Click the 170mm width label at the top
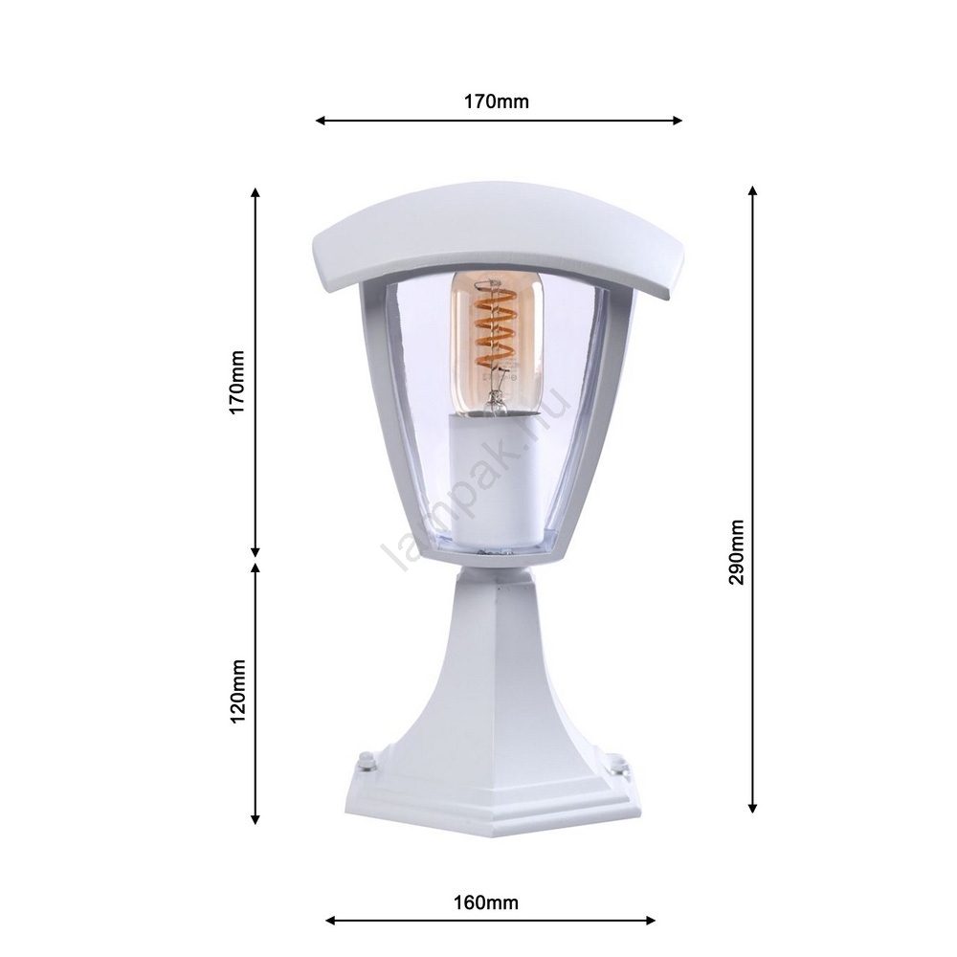coord(496,101)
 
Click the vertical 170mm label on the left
coord(236,382)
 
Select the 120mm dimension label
coord(236,691)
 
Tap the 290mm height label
coord(737,552)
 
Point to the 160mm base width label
coord(486,902)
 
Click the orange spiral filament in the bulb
coord(495,328)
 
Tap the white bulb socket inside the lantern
coord(495,480)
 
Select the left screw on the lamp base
coord(367,761)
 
